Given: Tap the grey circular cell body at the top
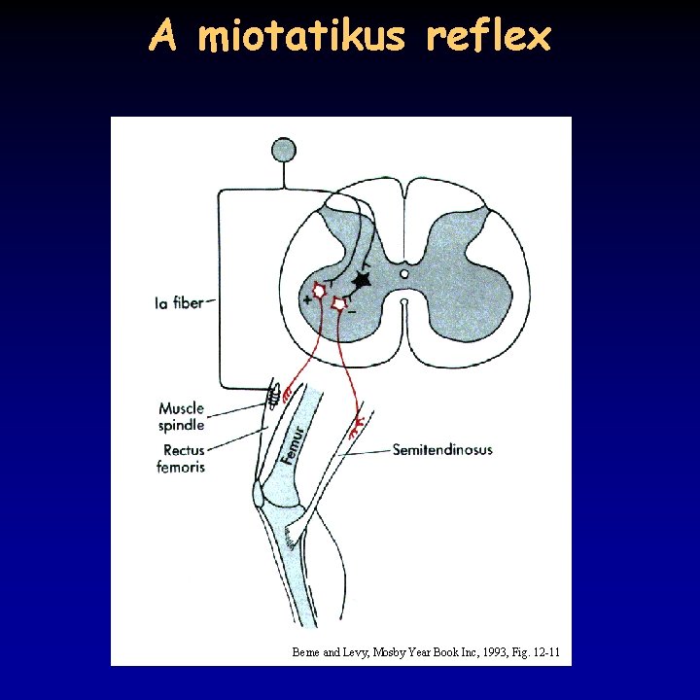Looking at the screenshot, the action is coord(283,150).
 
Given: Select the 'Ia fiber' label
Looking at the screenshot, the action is coord(180,303).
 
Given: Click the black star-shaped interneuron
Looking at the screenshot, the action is coord(362,280).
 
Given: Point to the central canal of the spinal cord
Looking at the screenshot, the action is coord(404,274).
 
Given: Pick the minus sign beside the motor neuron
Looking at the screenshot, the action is coord(351,312).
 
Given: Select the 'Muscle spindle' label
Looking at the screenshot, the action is coord(182,416).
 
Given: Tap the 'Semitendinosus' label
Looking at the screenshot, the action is coord(442,450).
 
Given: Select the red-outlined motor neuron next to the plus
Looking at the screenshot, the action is coord(320,291).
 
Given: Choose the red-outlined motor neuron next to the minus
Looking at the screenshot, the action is coord(338,304).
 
